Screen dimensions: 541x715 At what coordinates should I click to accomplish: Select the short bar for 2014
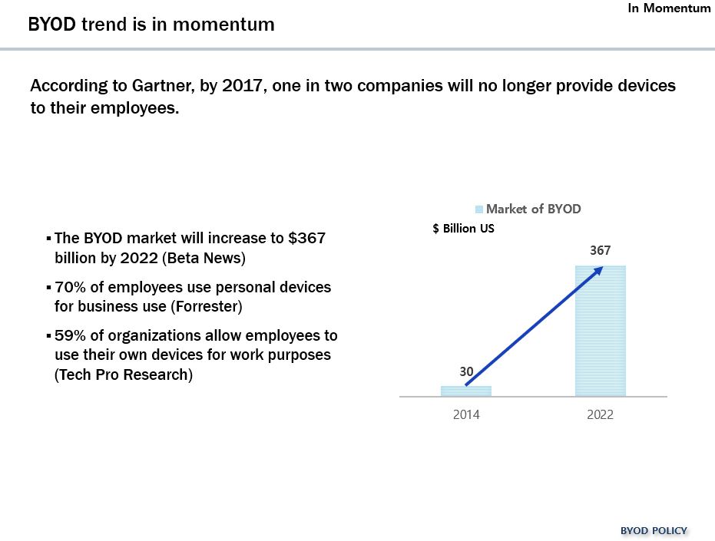(466, 391)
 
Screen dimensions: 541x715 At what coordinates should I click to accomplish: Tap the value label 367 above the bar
(601, 251)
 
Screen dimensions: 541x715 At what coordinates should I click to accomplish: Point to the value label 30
(466, 371)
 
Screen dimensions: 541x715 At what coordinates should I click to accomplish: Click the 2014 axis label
(466, 414)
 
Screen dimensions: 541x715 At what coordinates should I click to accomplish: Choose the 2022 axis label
(601, 414)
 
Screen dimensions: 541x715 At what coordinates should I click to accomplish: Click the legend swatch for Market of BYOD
(479, 209)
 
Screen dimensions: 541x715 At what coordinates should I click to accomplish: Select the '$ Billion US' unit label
(464, 229)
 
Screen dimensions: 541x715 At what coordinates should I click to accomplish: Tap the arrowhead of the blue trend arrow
(598, 269)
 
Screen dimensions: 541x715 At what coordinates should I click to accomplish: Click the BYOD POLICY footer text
(654, 530)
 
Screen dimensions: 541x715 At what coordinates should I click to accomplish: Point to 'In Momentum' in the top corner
(670, 8)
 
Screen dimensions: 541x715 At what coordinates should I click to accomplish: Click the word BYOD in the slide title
(51, 25)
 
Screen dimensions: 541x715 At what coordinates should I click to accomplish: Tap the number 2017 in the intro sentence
(243, 85)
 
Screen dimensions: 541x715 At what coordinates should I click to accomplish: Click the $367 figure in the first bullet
(307, 238)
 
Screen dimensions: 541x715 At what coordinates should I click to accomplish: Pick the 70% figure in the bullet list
(70, 287)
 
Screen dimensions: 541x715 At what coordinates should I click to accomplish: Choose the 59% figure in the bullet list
(70, 336)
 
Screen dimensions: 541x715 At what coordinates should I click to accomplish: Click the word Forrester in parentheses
(206, 307)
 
